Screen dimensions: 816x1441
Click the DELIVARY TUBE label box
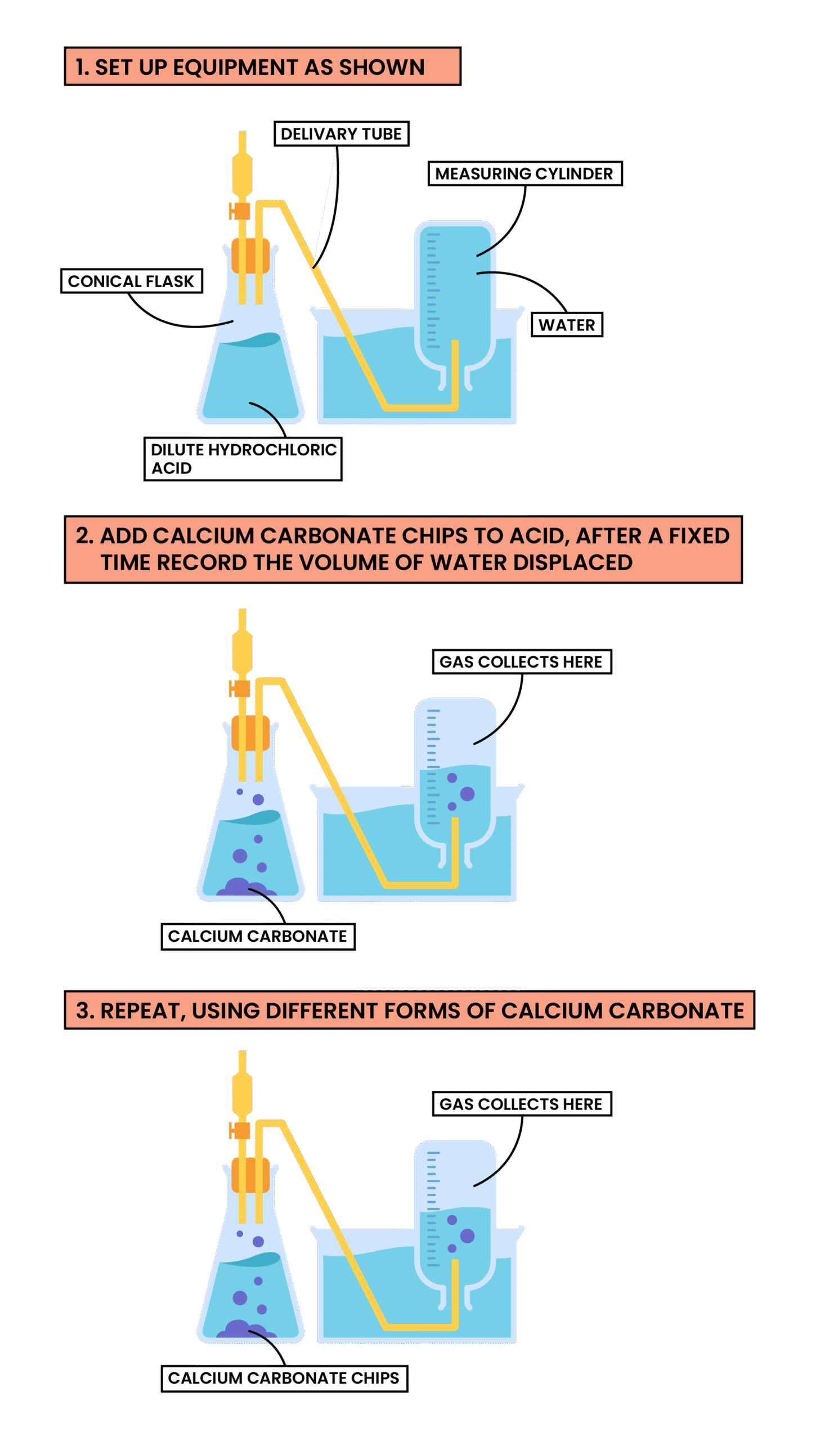point(341,133)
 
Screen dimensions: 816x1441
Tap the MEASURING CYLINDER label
point(524,173)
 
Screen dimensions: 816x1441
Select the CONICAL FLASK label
point(131,281)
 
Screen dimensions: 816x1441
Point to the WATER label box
point(567,325)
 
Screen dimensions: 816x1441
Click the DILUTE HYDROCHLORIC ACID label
point(243,459)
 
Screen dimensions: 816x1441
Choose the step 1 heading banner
point(262,66)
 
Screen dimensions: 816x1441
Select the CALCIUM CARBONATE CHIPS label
point(284,1378)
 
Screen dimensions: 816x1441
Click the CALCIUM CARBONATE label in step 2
point(258,936)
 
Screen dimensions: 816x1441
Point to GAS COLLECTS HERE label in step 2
point(522,661)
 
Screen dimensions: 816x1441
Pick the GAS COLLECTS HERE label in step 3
point(522,1104)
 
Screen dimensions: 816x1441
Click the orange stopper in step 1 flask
point(250,256)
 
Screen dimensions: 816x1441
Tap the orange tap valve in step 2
point(240,688)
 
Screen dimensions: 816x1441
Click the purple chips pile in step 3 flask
point(248,1329)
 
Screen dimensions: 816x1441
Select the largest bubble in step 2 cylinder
point(467,794)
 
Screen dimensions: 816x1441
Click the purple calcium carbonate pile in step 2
point(248,887)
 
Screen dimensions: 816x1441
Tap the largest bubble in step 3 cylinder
point(467,1236)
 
